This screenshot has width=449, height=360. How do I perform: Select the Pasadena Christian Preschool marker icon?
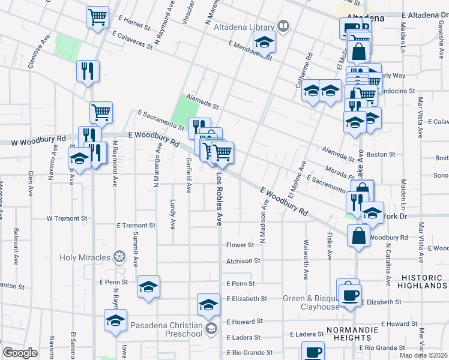click(x=211, y=328)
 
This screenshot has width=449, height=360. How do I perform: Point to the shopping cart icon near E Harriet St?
click(x=97, y=17)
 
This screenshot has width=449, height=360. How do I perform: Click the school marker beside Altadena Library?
click(x=263, y=44)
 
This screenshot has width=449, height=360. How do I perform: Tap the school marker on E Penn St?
click(x=148, y=288)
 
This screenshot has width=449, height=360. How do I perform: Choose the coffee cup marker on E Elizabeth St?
click(x=348, y=293)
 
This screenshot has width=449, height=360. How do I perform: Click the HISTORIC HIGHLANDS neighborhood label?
click(x=424, y=281)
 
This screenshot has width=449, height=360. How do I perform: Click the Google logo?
click(x=20, y=353)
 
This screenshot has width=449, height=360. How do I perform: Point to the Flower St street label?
click(x=240, y=245)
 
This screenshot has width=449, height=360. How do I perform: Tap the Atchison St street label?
click(x=243, y=261)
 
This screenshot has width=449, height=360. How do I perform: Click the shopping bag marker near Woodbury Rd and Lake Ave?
click(x=358, y=235)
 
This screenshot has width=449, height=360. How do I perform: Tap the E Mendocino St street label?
click(x=250, y=50)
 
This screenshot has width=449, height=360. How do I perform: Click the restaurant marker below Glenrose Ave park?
click(x=88, y=72)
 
